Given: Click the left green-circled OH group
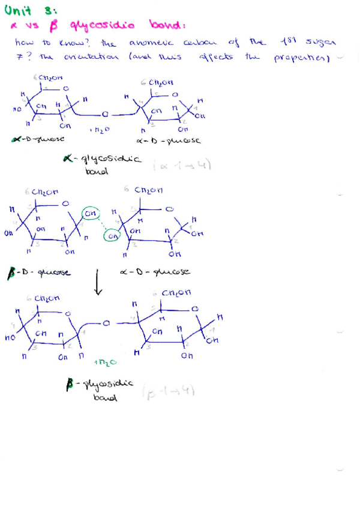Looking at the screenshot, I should point(91,213).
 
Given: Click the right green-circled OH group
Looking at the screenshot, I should point(112,236).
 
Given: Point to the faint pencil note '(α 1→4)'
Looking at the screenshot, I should point(190,164).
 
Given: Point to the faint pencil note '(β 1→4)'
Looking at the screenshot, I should point(168,391).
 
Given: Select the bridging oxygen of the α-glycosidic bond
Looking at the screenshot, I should point(104,112).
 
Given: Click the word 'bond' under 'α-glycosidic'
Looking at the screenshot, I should point(97,171).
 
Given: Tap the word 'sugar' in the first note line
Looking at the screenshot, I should point(321,42).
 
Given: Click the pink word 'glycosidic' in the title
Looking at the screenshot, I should point(103,25).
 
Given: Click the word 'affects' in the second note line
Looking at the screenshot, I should point(214,57).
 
